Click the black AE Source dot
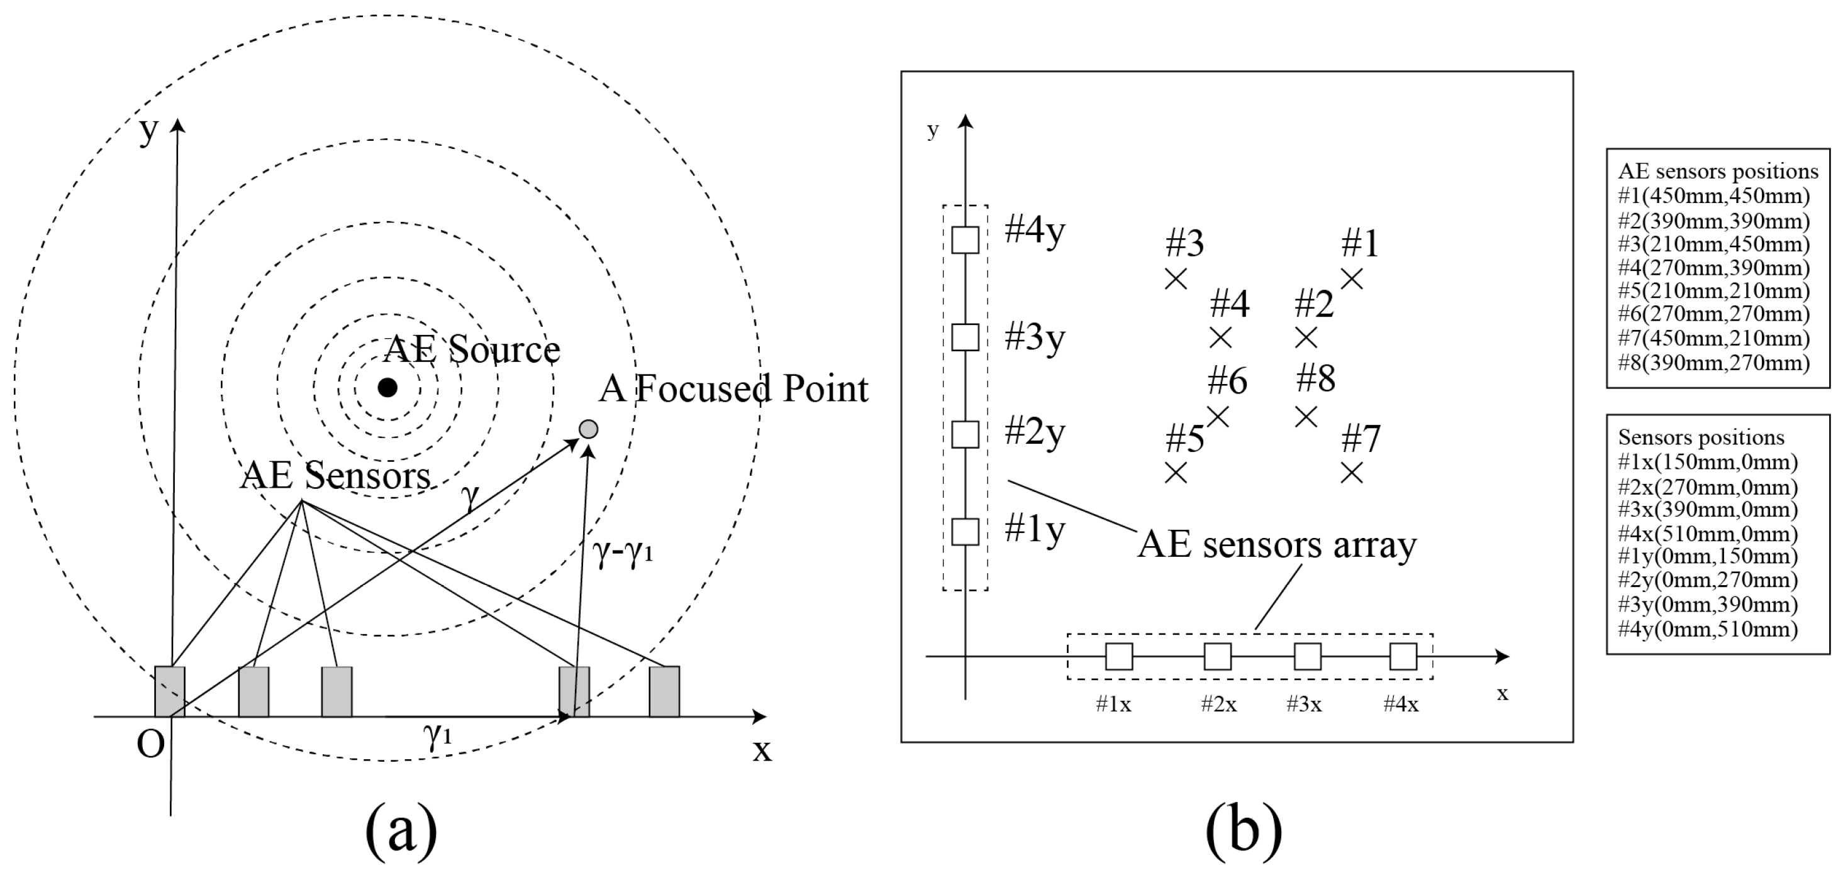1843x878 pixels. (x=387, y=388)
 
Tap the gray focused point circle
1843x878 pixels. (x=588, y=429)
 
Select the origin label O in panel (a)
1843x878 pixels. (x=150, y=745)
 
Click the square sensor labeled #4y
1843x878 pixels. (x=965, y=239)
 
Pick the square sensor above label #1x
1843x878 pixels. (x=1119, y=656)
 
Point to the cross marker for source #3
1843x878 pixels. (x=1176, y=279)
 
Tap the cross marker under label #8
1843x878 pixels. (x=1306, y=416)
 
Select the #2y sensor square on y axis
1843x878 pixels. (x=965, y=435)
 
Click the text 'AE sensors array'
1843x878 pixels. (x=1276, y=545)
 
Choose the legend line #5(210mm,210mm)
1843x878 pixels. (x=1713, y=291)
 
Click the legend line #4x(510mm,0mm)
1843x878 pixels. (x=1708, y=534)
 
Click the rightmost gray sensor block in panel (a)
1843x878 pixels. (x=664, y=691)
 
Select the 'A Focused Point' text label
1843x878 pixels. (x=733, y=389)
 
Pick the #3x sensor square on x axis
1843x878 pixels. (x=1308, y=656)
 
